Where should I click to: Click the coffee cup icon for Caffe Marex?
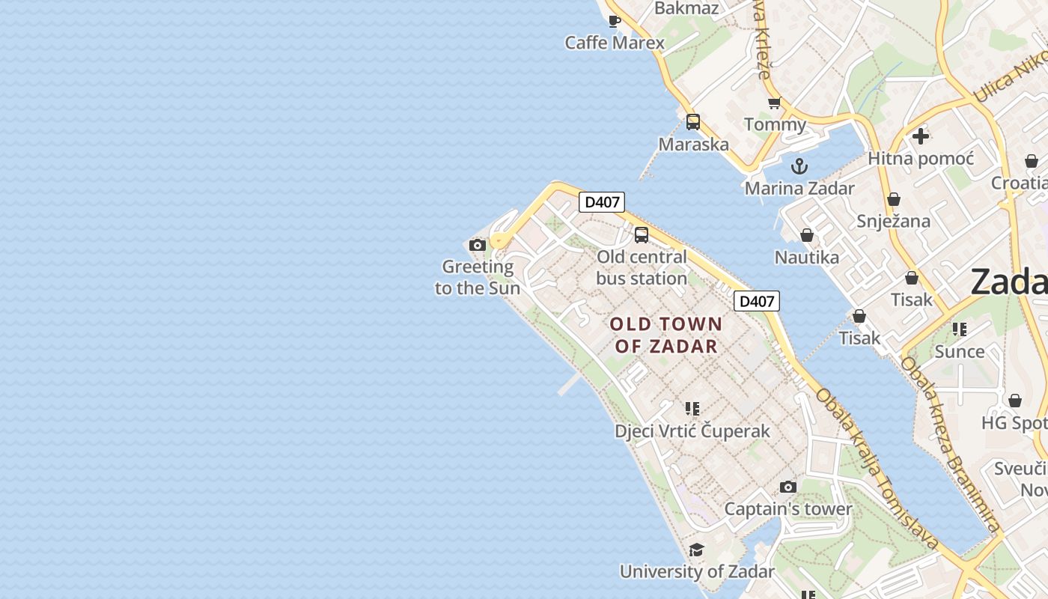coord(615,21)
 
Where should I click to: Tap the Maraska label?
coord(693,144)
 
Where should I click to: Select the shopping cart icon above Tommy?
coord(774,103)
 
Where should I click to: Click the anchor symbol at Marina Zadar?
coord(799,165)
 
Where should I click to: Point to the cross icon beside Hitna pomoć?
coord(921,136)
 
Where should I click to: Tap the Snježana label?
coord(893,221)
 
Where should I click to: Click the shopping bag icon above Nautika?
coord(807,236)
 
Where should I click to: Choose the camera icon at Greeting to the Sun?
coord(477,245)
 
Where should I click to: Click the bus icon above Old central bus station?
coord(642,235)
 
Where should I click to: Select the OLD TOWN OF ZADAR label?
coord(665,335)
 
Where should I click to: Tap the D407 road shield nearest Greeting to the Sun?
coord(602,202)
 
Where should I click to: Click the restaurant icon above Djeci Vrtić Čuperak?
coord(692,409)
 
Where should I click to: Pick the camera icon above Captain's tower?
coord(787,487)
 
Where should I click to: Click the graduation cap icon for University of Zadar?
coord(697,550)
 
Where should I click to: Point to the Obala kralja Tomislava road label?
coord(877,469)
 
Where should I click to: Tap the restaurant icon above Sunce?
coord(960,329)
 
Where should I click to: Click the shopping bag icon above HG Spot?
coord(1015,401)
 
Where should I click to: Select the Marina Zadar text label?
coord(799,188)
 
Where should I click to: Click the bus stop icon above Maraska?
coord(693,122)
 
